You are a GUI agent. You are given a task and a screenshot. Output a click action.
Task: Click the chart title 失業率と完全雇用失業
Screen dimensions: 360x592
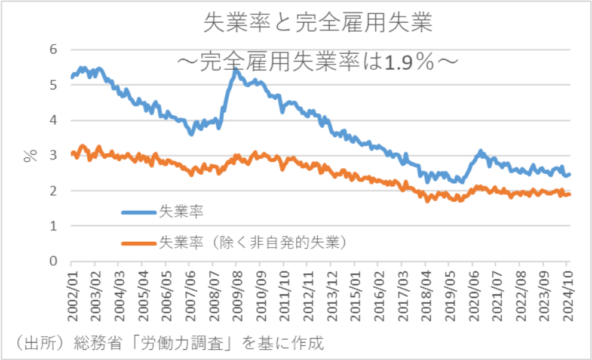(317, 23)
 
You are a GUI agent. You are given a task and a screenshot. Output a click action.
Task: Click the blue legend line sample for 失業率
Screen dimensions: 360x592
(139, 212)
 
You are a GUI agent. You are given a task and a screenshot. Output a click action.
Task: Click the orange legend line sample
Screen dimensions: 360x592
(139, 243)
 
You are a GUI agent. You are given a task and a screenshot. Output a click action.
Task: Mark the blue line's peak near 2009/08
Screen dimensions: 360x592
(236, 70)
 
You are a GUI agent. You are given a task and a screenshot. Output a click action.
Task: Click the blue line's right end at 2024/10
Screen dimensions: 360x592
(569, 174)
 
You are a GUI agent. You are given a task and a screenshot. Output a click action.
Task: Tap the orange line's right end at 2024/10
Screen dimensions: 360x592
(569, 194)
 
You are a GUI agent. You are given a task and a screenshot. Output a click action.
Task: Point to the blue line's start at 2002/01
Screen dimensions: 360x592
(72, 77)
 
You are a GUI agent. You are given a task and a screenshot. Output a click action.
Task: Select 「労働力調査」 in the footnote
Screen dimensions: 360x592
(179, 344)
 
